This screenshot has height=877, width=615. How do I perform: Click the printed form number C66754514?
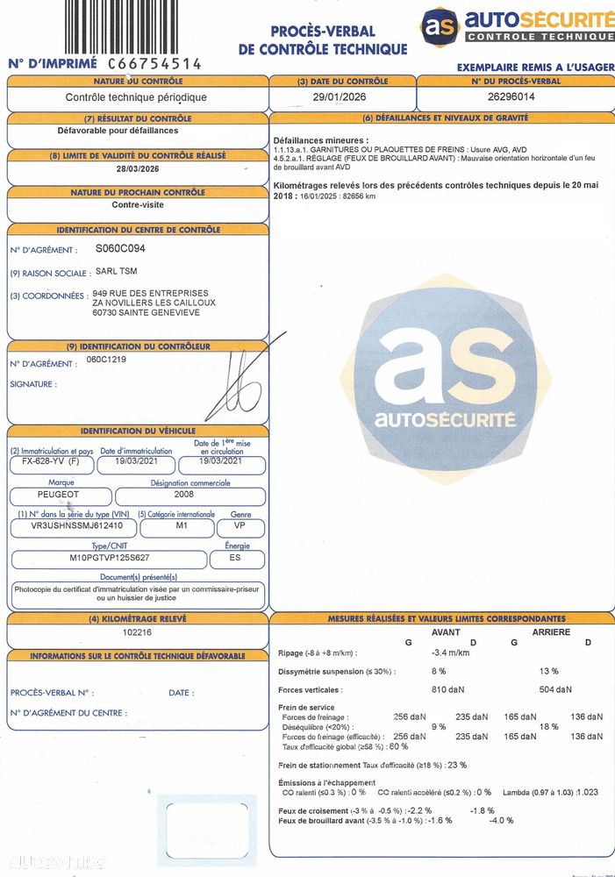pyautogui.click(x=154, y=64)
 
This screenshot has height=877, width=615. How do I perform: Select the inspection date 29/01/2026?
pyautogui.click(x=338, y=97)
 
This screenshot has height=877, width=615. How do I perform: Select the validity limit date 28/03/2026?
pyautogui.click(x=138, y=169)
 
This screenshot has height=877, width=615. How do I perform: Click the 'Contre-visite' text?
pyautogui.click(x=138, y=205)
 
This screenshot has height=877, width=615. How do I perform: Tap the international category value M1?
pyautogui.click(x=176, y=527)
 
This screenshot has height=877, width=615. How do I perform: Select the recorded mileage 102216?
pyautogui.click(x=138, y=631)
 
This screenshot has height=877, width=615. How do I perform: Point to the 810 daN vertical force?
pyautogui.click(x=449, y=688)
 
